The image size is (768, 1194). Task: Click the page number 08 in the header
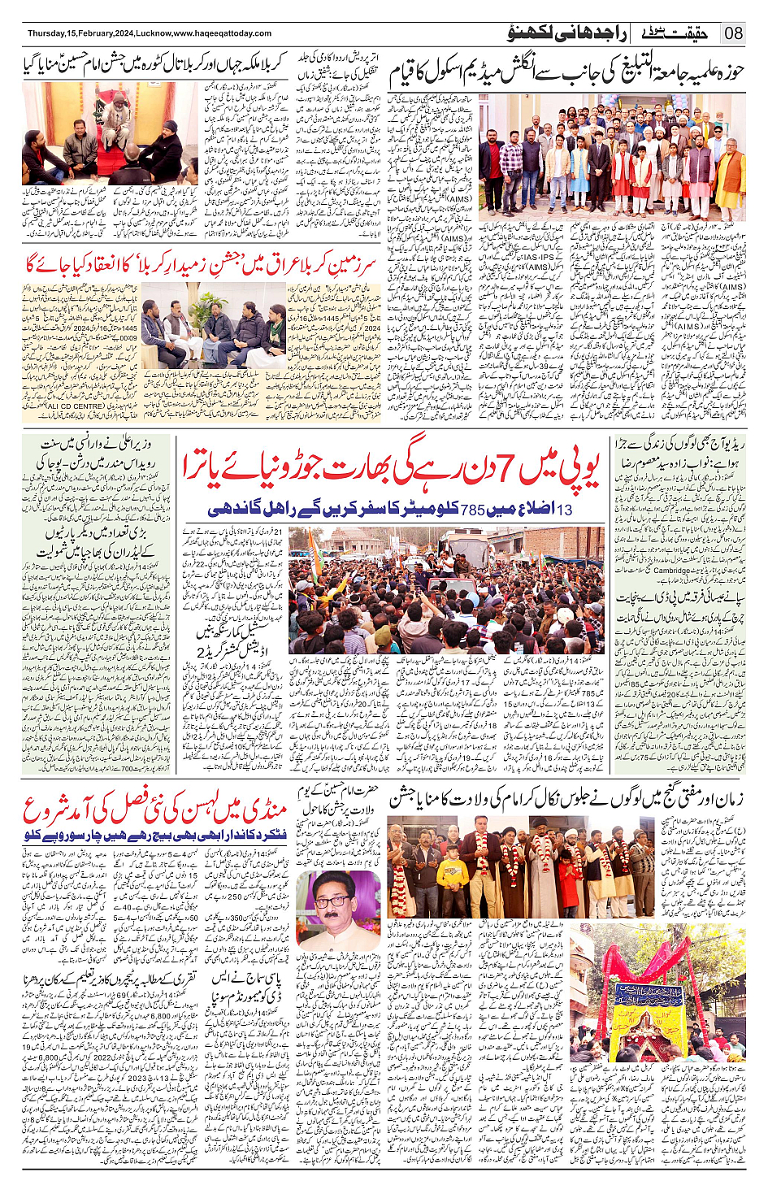[x=734, y=33]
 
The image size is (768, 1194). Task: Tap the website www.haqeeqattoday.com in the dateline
[x=223, y=33]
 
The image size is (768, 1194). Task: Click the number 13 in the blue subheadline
[x=564, y=510]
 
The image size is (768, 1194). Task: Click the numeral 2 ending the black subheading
[x=201, y=652]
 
